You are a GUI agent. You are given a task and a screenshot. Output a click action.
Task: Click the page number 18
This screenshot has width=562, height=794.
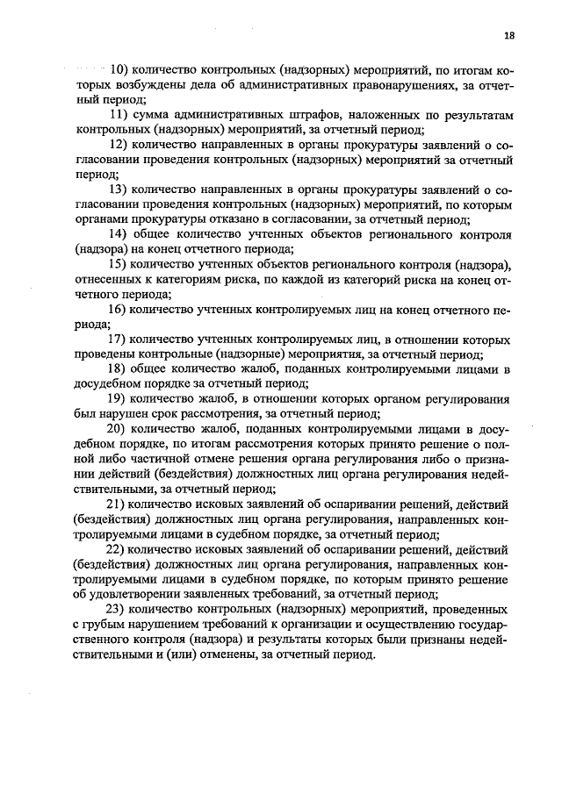point(509,36)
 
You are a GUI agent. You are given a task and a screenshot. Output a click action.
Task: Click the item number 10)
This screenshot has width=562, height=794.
point(119,68)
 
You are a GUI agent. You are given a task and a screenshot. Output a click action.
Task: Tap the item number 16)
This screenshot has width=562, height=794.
point(119,310)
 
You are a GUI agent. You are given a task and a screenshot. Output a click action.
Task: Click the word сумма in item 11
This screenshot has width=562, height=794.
point(155,114)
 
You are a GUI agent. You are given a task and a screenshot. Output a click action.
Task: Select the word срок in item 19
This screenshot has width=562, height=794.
point(163,416)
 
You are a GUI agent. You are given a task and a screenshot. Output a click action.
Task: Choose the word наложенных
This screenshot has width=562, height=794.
point(387,114)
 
